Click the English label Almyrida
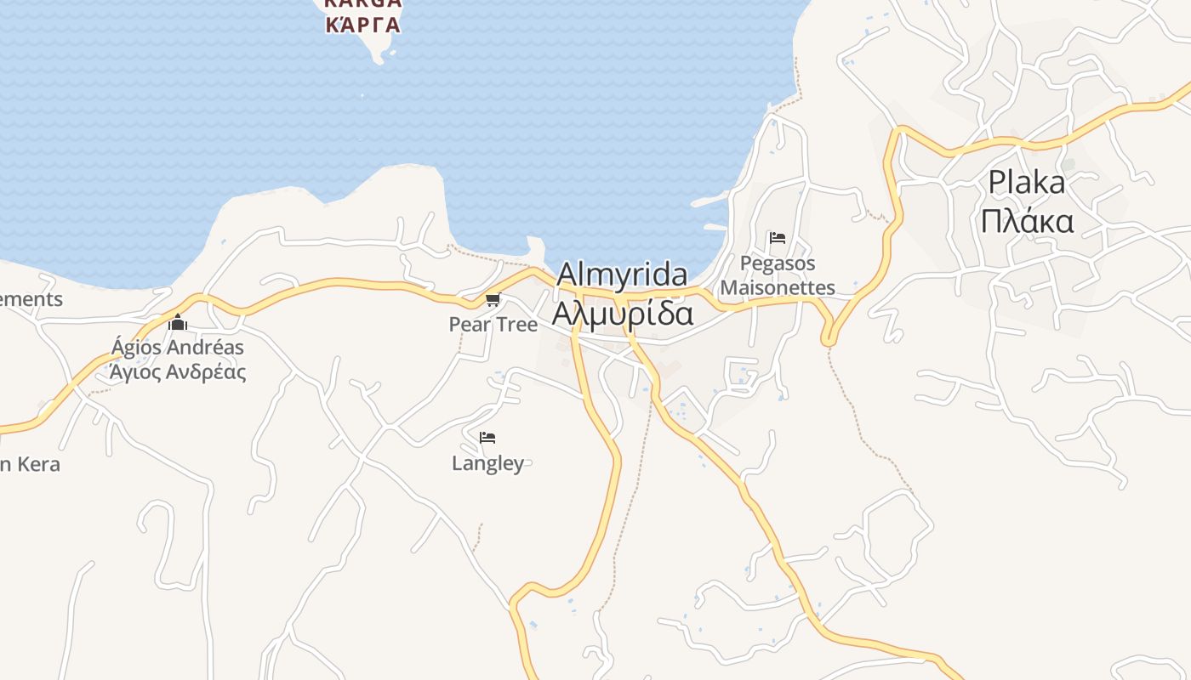[622, 275]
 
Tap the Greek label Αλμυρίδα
[622, 313]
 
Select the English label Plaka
[1026, 183]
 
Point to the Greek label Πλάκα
[1026, 221]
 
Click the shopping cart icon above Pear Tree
[493, 299]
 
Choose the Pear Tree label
[493, 325]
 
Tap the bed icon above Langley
[487, 438]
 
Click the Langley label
[487, 463]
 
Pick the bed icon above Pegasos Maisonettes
[777, 238]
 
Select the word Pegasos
[778, 263]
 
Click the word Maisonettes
[778, 288]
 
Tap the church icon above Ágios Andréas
[177, 322]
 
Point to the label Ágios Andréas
[177, 347]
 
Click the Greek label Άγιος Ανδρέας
[177, 371]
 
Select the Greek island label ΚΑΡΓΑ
[362, 24]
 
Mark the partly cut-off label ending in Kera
[31, 464]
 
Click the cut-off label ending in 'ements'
[31, 299]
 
